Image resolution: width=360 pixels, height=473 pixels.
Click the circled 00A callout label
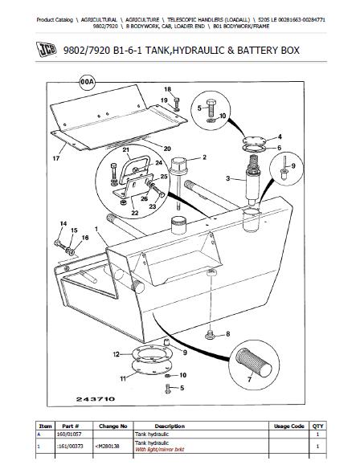coord(87,83)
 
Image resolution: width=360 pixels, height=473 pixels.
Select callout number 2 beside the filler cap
coord(204,157)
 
